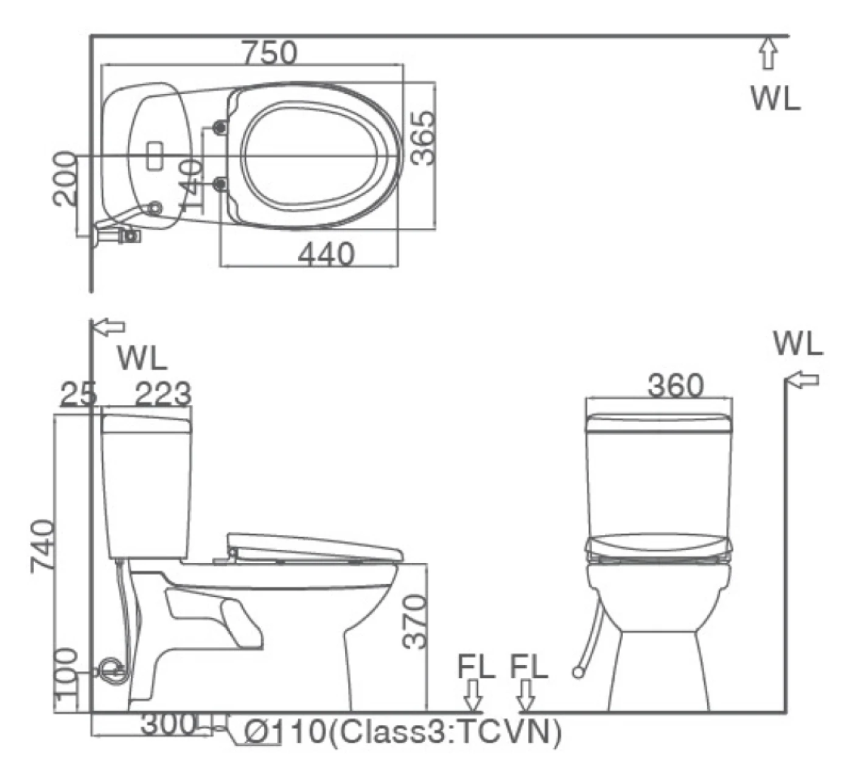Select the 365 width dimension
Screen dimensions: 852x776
[424, 137]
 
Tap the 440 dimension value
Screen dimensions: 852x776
[326, 254]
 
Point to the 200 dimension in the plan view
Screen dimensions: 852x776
[64, 178]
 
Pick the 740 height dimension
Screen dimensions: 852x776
[43, 546]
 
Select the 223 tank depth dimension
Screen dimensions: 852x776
[163, 393]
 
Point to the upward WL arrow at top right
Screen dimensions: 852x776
[769, 53]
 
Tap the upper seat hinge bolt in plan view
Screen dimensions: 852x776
[220, 126]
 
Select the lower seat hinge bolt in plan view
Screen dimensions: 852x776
[220, 184]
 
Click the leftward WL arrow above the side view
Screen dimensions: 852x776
[109, 326]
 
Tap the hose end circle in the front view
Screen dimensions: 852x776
[577, 672]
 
